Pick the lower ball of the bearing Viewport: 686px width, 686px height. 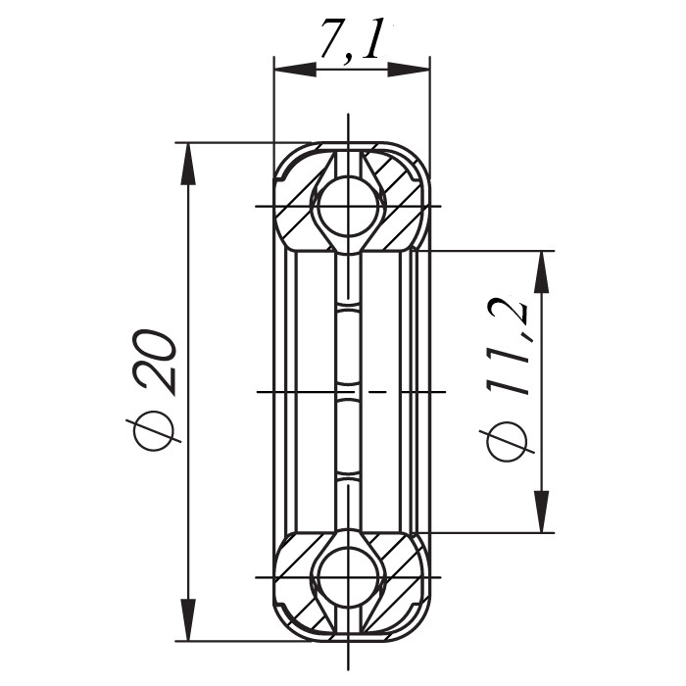click(348, 577)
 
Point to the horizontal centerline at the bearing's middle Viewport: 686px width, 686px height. click(294, 392)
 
